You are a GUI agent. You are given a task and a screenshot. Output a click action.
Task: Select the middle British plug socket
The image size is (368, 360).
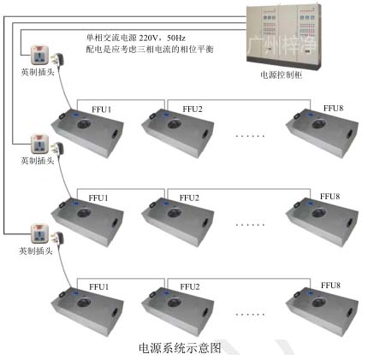click(39, 145)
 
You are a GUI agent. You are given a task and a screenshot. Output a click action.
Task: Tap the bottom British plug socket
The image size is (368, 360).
click(39, 233)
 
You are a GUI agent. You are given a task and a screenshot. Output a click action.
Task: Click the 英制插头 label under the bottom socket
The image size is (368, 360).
click(37, 252)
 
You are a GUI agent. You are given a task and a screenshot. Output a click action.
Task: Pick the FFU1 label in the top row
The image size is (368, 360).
click(100, 109)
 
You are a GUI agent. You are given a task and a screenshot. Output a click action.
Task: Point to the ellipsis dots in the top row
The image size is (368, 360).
click(251, 136)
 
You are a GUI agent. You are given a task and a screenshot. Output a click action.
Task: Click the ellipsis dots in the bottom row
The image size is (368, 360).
click(251, 313)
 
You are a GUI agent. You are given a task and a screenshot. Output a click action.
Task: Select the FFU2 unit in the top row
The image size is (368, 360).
click(181, 136)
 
